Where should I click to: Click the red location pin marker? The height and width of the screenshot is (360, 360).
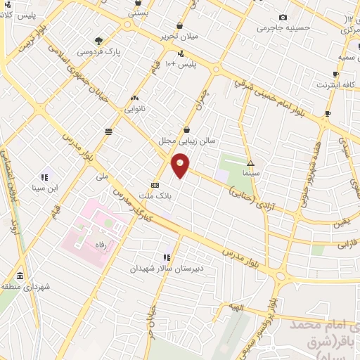[181, 166]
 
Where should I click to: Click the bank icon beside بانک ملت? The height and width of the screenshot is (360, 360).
[155, 185]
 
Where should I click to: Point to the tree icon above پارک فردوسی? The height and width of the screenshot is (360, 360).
[98, 41]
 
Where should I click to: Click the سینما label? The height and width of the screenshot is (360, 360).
[251, 172]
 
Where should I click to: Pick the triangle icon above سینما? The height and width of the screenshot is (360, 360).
[251, 162]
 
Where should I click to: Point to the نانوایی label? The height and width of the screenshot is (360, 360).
[134, 108]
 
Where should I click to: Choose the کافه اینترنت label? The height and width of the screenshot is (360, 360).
[332, 84]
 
